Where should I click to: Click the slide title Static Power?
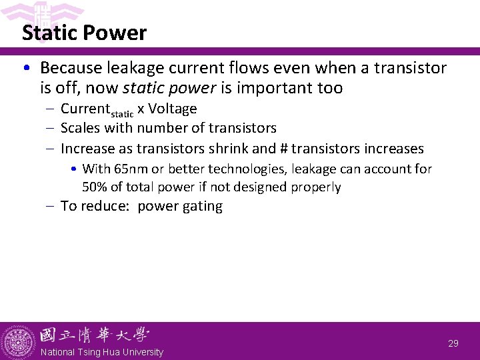(84, 33)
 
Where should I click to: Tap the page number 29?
(453, 343)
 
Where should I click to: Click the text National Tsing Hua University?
(101, 352)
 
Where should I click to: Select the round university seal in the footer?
(18, 342)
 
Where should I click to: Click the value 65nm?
(129, 169)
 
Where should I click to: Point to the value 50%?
(97, 187)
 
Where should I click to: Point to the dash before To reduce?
(51, 206)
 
